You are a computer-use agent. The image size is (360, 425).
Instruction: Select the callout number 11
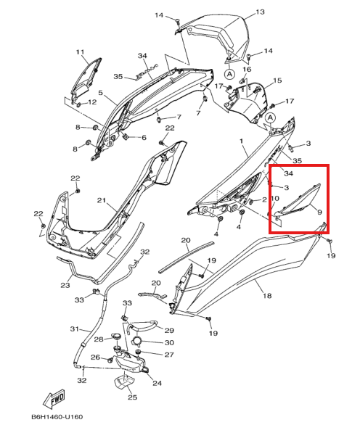click(81, 51)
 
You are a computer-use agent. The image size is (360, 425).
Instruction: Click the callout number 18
click(266, 296)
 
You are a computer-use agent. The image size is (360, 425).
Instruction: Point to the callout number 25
click(131, 397)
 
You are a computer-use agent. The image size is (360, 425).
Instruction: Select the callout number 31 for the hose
click(73, 330)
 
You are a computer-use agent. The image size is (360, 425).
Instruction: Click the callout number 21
click(102, 200)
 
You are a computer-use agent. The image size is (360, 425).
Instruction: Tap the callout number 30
click(169, 342)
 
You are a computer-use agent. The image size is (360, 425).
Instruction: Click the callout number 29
click(168, 330)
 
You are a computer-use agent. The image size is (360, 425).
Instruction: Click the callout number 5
click(102, 94)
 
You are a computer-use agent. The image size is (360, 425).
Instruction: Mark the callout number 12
click(92, 103)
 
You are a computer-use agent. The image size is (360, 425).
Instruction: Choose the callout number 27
click(168, 355)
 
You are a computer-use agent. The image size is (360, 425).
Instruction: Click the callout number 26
click(94, 358)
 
